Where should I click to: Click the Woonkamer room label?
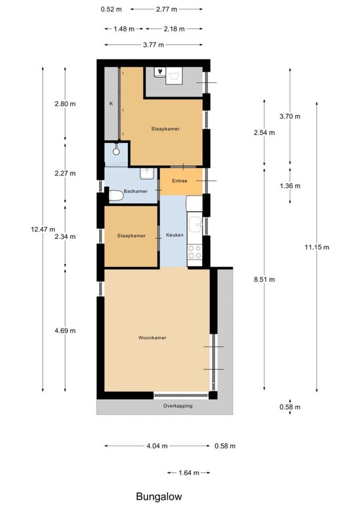pos(152,337)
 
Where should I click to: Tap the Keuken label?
pos(175,235)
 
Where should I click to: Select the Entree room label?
pos(179,181)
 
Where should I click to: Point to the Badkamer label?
pos(136,191)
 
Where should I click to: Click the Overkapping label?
pos(178,406)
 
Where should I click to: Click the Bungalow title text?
pos(159,496)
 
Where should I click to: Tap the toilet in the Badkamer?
pos(116,196)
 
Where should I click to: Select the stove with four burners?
pos(194,252)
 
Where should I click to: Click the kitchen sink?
pos(196,224)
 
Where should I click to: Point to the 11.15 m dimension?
pos(317,247)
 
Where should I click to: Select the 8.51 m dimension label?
pos(264,280)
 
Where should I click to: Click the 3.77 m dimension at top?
pos(154,45)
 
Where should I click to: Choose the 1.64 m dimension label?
pos(188,473)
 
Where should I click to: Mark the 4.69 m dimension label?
pos(65,331)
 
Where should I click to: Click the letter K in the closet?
pos(111,104)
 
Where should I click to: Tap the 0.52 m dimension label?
pos(111,10)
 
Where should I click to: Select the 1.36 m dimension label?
pos(290,186)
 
